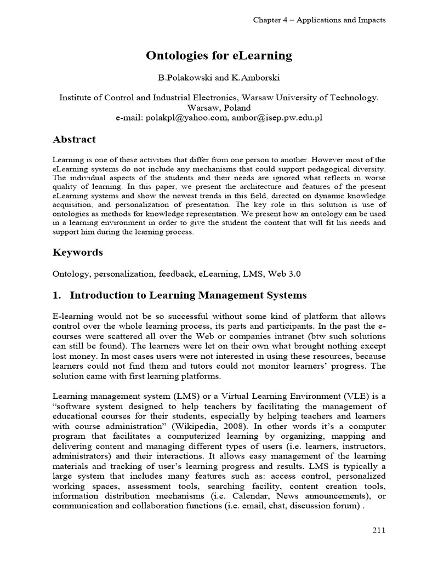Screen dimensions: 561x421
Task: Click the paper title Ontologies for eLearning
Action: (219, 55)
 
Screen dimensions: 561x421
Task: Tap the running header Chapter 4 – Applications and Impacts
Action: (319, 20)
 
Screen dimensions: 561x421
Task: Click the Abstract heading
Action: (74, 139)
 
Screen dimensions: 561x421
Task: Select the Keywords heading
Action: (77, 252)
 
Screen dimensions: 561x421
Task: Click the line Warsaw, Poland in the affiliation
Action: (219, 108)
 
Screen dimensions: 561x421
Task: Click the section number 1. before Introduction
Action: (56, 295)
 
